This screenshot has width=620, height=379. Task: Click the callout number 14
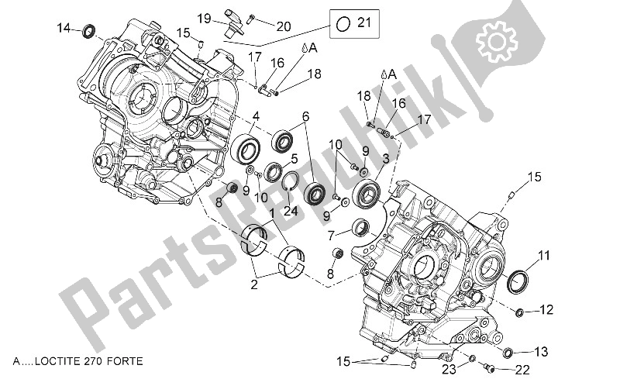(x=64, y=29)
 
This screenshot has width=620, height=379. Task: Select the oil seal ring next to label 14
(x=90, y=32)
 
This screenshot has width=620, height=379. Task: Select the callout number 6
(x=305, y=117)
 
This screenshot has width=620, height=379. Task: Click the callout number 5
(x=294, y=159)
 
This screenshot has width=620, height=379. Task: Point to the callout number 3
(x=385, y=158)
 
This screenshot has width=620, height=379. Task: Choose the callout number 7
(x=331, y=235)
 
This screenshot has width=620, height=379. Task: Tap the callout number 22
(x=522, y=369)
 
